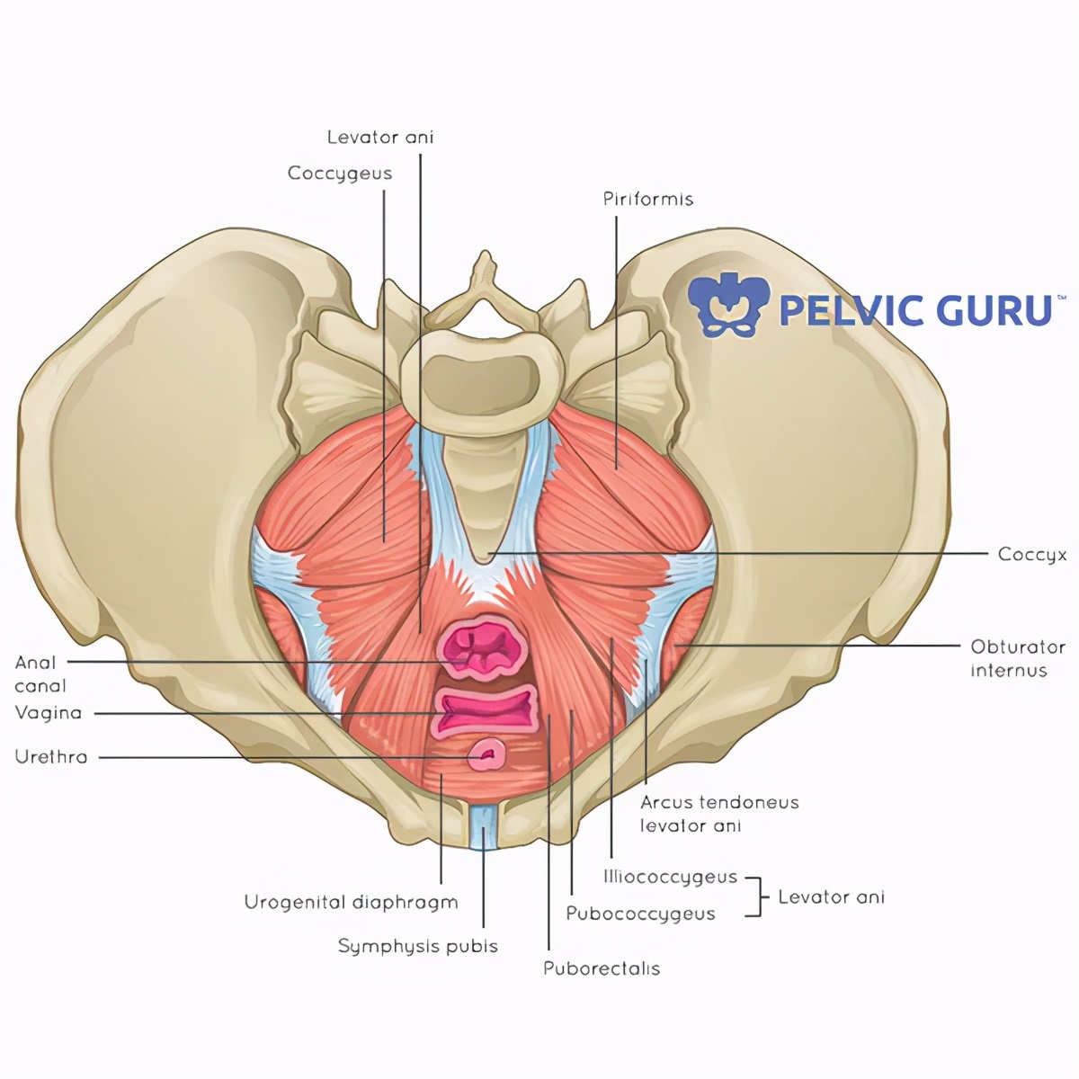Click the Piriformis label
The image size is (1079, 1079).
(647, 199)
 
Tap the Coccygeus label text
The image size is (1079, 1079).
(340, 173)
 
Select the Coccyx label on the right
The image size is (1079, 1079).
(1032, 554)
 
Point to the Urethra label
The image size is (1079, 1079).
(51, 757)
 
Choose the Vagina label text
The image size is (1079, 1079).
(49, 713)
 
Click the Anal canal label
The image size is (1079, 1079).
(40, 674)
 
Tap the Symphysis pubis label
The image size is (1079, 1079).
(417, 946)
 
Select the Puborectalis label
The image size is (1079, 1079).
(602, 968)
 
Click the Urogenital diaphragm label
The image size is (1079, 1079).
(351, 902)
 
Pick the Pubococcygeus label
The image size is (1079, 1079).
(640, 914)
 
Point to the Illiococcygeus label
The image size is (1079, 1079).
(670, 876)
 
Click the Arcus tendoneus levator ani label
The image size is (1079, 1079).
(718, 814)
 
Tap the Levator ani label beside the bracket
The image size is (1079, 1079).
(831, 896)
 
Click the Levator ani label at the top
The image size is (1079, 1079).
(379, 137)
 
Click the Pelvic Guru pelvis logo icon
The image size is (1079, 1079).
(729, 305)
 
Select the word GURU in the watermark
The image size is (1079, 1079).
(994, 310)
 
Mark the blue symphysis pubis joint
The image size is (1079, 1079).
(484, 825)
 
